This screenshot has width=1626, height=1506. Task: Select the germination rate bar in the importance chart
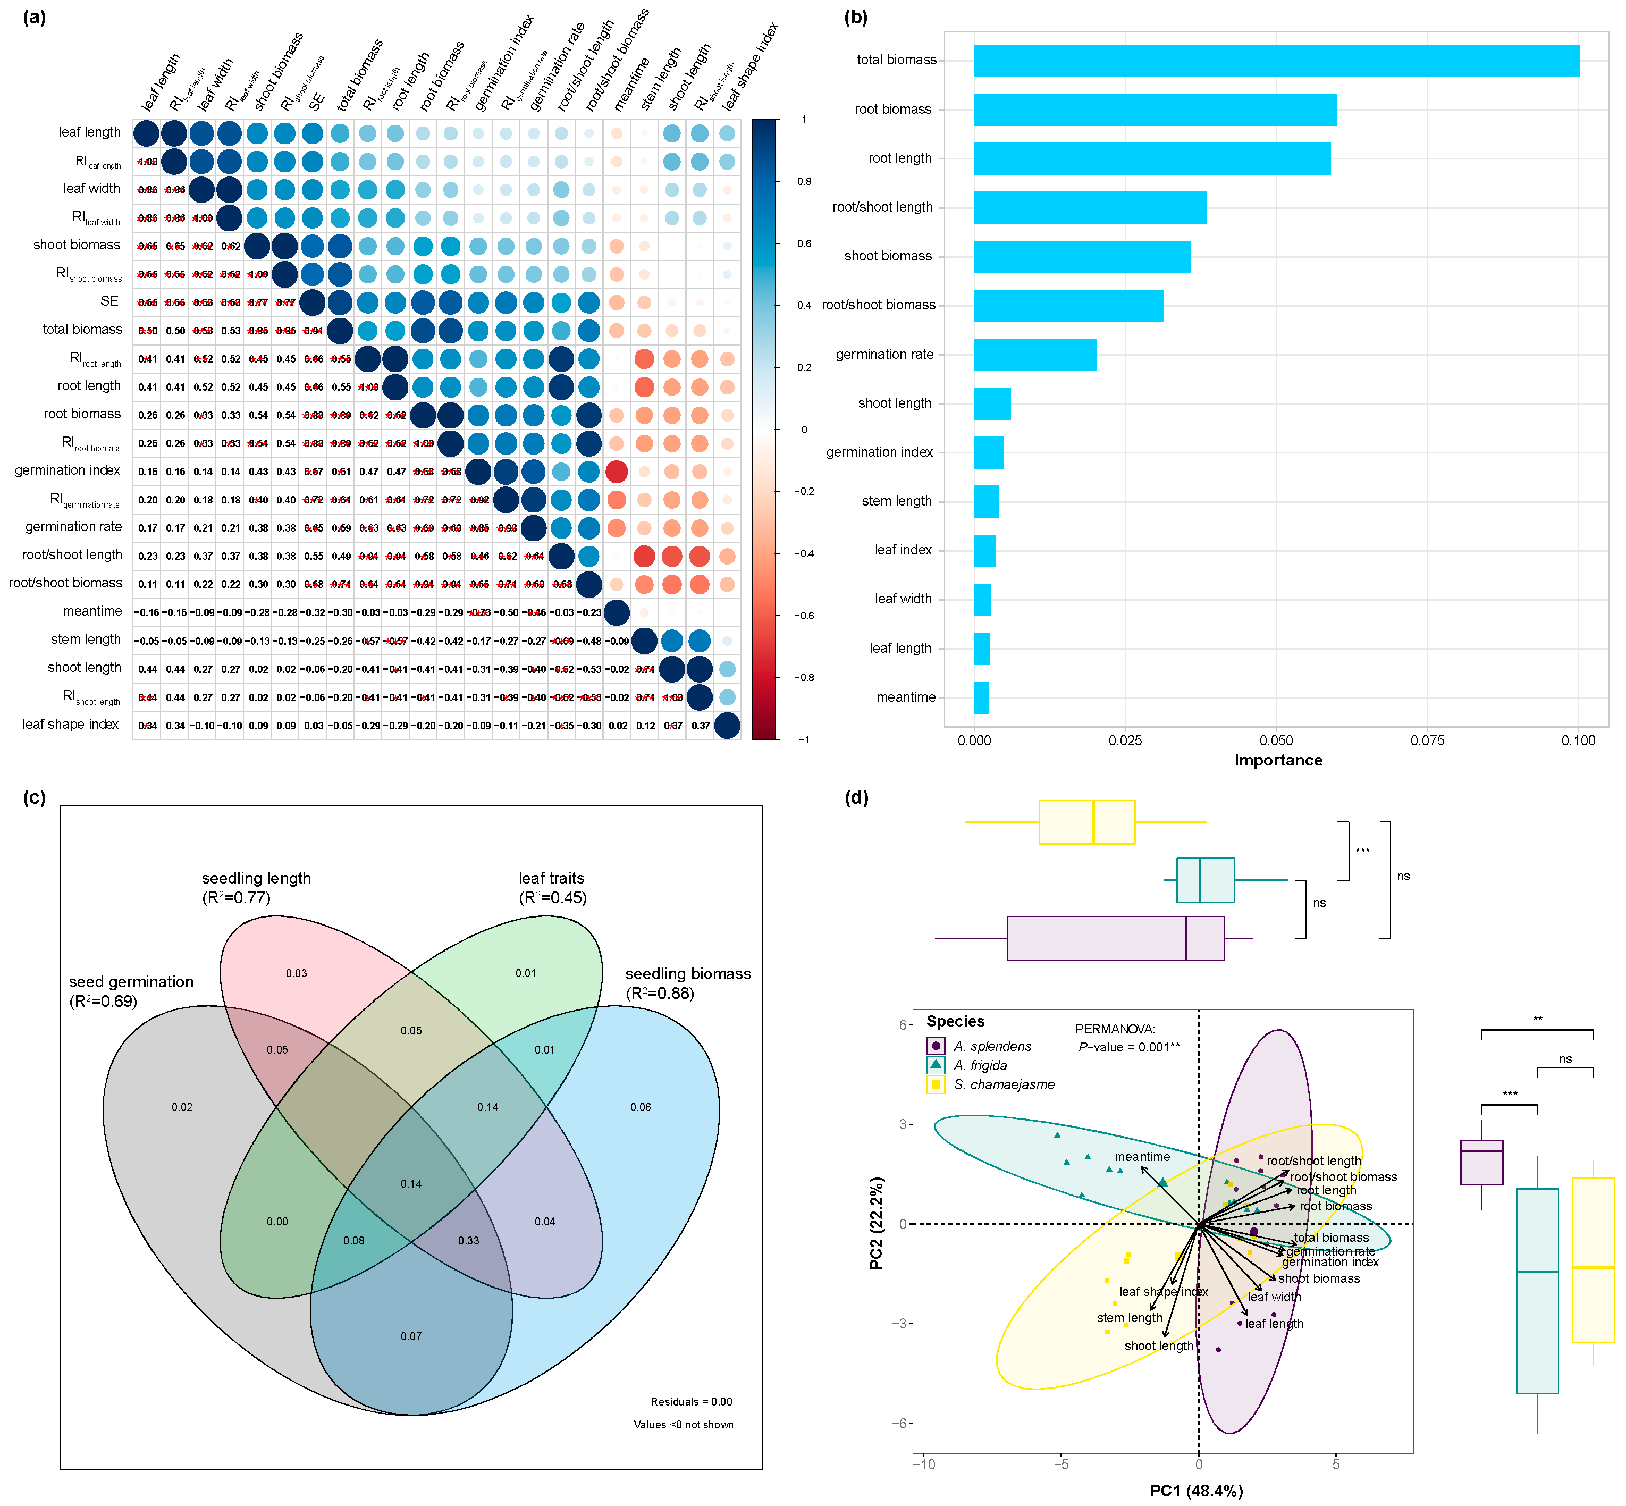1034,355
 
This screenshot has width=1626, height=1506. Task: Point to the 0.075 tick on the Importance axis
1427,741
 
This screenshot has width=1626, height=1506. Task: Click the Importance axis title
1278,760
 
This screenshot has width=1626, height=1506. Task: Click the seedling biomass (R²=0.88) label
687,983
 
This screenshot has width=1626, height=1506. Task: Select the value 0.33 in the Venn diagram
469,1240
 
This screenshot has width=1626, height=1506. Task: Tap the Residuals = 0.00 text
691,1402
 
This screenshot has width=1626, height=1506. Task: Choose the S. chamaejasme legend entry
1004,1084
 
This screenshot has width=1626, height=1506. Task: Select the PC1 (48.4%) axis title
1195,1491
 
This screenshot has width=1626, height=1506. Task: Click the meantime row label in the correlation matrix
92,611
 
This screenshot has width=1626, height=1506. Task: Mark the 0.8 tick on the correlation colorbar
804,182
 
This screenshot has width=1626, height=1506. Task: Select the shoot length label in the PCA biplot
1158,1347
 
